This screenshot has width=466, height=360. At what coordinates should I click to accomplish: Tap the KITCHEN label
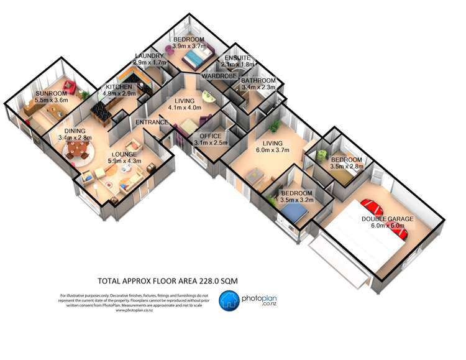pos(118,87)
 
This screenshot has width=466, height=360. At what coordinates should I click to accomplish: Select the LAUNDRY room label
pos(149,56)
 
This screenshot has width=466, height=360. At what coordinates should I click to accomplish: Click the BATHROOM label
pos(258,81)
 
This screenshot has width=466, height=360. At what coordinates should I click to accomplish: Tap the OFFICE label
pos(211,136)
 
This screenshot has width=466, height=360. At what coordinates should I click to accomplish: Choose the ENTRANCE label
pos(152,122)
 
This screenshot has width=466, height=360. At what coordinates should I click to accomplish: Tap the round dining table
pos(77,150)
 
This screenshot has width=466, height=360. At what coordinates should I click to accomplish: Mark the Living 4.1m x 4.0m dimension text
pos(185,108)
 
